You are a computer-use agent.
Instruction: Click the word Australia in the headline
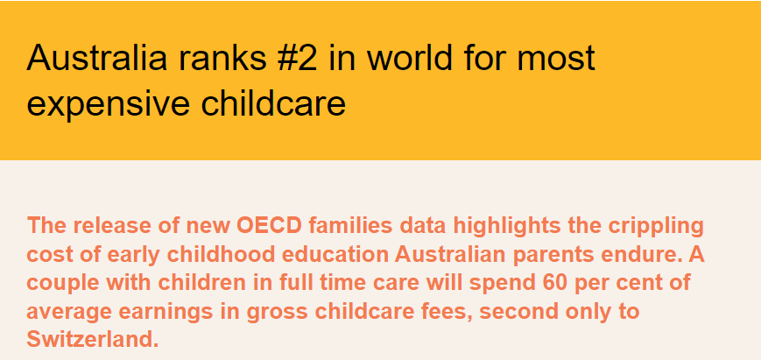(x=97, y=58)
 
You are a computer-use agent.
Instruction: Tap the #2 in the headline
(x=298, y=58)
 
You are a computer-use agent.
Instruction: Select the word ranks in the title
(x=222, y=58)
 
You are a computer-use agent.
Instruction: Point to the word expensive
(x=109, y=104)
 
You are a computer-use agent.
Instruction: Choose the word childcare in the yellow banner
(x=272, y=102)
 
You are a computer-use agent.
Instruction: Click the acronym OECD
(x=269, y=226)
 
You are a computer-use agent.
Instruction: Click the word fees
(x=450, y=311)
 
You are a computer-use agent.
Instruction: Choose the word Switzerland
(x=92, y=339)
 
